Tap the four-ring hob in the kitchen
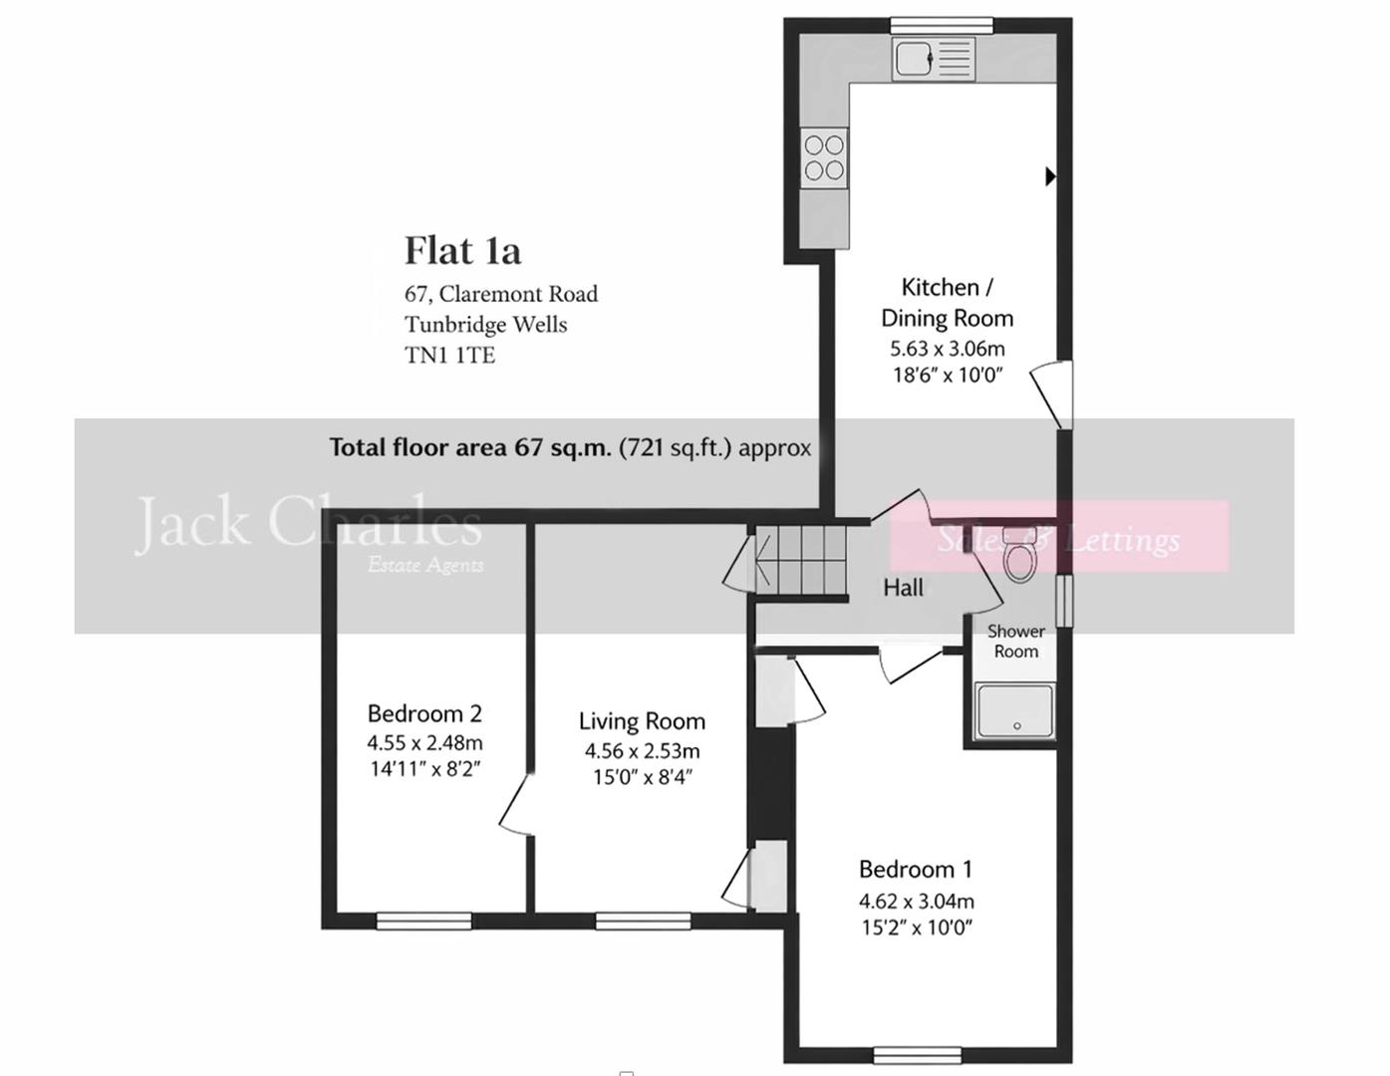824,157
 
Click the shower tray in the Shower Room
1014,711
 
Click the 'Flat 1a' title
462,250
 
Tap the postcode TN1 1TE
449,356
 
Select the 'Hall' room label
903,588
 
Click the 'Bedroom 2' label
424,713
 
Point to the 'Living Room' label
642,721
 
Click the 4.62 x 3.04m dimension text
917,901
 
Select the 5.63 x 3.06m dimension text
947,349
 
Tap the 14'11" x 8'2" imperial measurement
424,769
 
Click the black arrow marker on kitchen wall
1050,176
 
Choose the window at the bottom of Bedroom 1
917,1054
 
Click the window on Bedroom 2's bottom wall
423,921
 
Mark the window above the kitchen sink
941,25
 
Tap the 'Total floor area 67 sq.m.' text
470,447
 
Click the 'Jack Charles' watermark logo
308,523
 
